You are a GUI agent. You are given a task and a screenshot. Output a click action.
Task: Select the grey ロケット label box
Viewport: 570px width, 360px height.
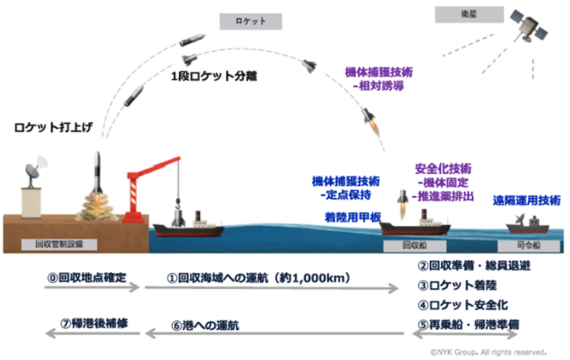[x=250, y=21]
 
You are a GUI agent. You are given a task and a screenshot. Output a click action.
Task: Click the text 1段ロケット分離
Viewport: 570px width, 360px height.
[x=214, y=77]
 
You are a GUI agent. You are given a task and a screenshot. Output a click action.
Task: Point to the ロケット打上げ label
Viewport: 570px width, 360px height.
[x=53, y=128]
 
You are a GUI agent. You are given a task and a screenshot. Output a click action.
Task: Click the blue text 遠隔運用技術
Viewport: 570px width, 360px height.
[x=527, y=201]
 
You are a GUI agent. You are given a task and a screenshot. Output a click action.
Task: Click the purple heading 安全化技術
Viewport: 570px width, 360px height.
[x=443, y=168]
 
